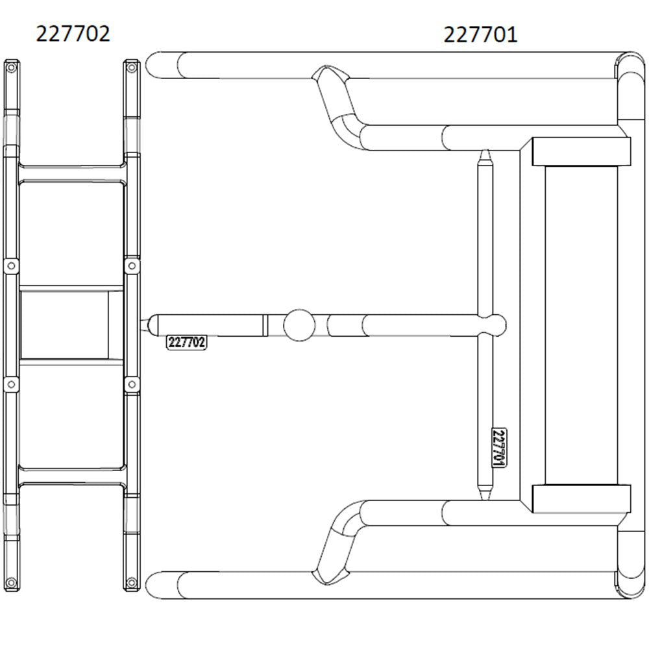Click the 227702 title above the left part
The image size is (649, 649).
[73, 33]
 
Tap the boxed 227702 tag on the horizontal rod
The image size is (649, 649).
[187, 343]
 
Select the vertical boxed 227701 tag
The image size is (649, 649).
[499, 448]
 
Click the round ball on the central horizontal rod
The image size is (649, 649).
[299, 324]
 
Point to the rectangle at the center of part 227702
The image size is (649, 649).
[71, 324]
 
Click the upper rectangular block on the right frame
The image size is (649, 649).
[581, 151]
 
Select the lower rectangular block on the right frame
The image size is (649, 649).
[581, 498]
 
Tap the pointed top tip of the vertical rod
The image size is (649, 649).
[484, 156]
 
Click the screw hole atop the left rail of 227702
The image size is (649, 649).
[10, 66]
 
